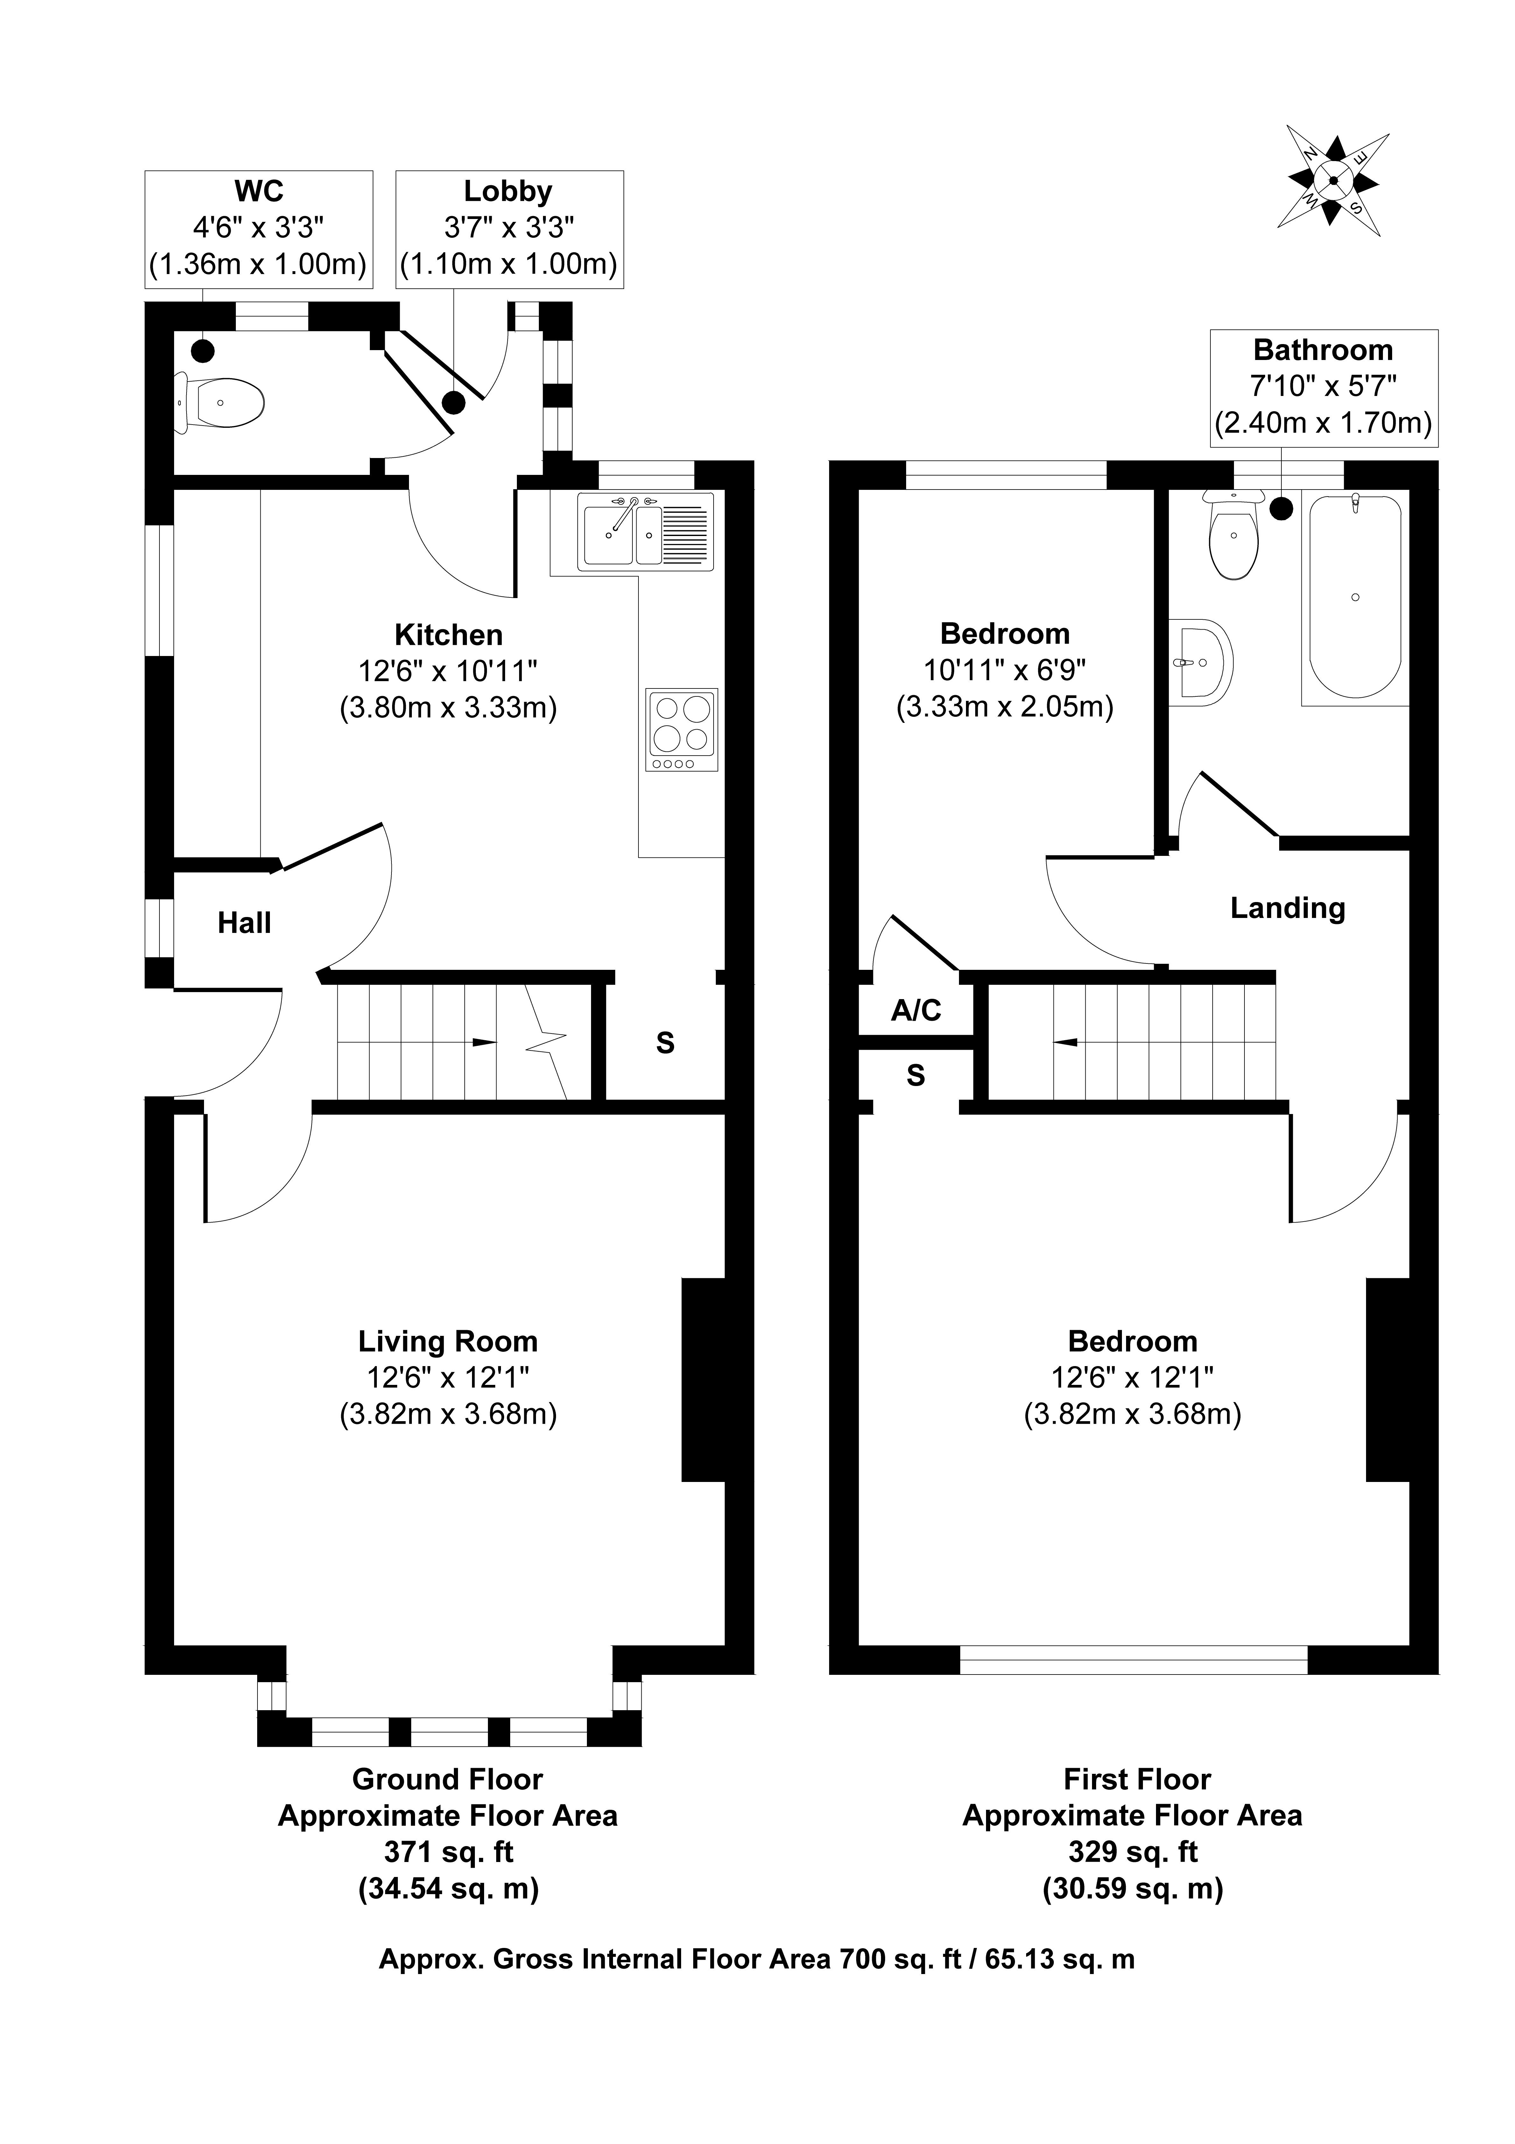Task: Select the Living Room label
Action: coord(448,1342)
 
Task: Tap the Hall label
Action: coord(245,924)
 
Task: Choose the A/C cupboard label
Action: coord(916,1010)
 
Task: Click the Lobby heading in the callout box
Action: coord(508,191)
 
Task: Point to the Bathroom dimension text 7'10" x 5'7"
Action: coord(1323,386)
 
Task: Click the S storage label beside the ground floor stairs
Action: coord(665,1043)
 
